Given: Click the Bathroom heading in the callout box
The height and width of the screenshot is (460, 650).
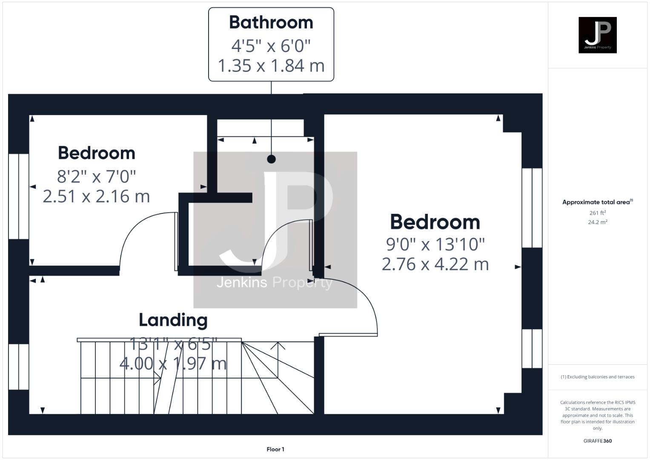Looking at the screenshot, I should point(271,23).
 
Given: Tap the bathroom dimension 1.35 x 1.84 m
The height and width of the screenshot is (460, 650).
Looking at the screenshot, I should point(271,66).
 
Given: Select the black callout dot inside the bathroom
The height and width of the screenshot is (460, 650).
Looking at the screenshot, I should point(271,159).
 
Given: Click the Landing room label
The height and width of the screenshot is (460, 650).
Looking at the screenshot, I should point(173,320).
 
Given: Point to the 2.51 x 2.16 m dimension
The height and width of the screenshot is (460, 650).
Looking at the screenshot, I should point(97,196).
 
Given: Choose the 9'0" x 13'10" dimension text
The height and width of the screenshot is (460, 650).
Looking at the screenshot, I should point(435,244).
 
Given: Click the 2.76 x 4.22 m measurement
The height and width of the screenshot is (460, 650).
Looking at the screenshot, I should point(435,264).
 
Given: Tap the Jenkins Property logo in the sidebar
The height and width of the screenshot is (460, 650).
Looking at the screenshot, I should point(597,35).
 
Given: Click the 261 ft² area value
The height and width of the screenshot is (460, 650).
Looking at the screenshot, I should point(598,213).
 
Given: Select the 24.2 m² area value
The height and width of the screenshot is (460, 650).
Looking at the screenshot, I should point(598,222).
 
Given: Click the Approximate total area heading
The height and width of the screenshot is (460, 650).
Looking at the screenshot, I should point(597,202).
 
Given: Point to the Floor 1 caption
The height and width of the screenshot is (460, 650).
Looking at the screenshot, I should point(275,449).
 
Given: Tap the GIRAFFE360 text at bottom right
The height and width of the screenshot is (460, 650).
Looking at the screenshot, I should point(597,441).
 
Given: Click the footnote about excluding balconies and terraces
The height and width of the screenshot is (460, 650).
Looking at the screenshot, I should point(598,377).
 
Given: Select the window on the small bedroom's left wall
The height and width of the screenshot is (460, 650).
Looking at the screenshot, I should point(19,196).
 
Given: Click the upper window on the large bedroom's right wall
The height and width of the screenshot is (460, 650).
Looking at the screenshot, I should point(532,208).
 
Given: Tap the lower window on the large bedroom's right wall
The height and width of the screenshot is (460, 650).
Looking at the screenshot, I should point(532,348).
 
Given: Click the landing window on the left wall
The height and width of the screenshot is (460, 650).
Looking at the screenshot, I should point(19,367).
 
